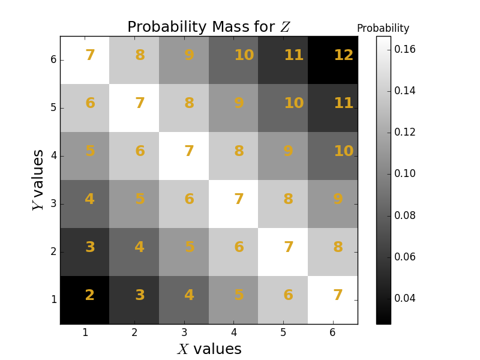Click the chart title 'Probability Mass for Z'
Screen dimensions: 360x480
click(x=209, y=27)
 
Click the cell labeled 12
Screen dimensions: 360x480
click(x=333, y=60)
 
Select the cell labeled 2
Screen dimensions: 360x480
click(x=85, y=300)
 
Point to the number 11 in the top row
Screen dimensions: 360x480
click(x=293, y=55)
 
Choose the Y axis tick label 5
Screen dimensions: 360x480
click(x=53, y=108)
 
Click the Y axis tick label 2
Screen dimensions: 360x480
click(x=53, y=252)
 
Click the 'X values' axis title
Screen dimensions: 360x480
click(x=209, y=349)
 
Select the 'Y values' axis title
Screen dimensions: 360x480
click(x=38, y=180)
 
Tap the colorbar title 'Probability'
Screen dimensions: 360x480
click(x=383, y=28)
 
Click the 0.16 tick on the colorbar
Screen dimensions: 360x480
click(x=405, y=49)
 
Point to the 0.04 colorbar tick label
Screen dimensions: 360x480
click(x=405, y=298)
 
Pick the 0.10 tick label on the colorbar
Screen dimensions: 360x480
click(x=405, y=174)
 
